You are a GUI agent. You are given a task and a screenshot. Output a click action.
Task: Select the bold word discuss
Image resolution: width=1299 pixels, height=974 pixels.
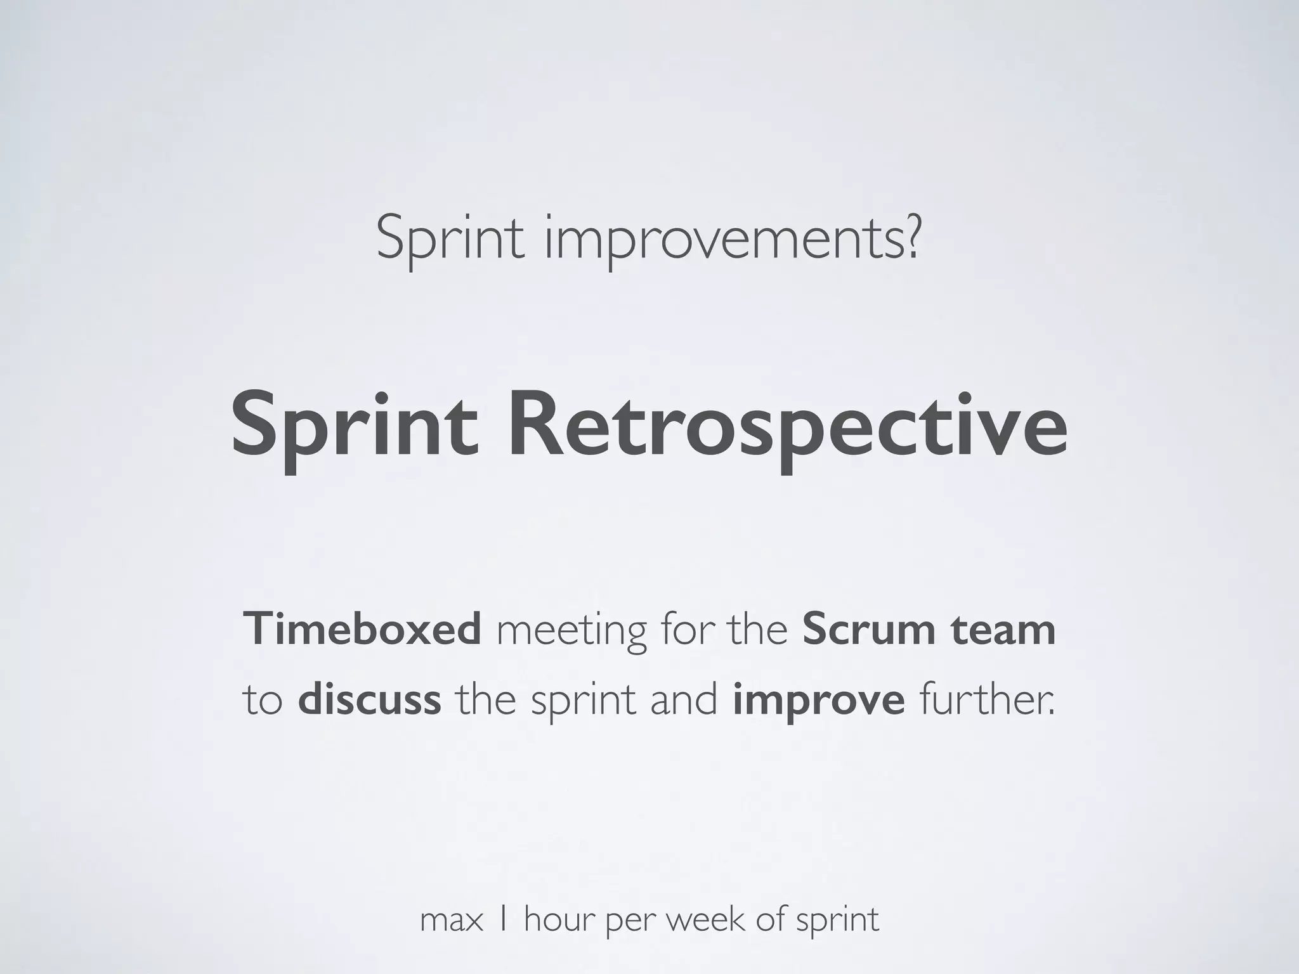pos(369,699)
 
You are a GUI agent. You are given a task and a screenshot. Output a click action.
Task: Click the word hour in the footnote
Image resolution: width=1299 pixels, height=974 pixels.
pos(560,919)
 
